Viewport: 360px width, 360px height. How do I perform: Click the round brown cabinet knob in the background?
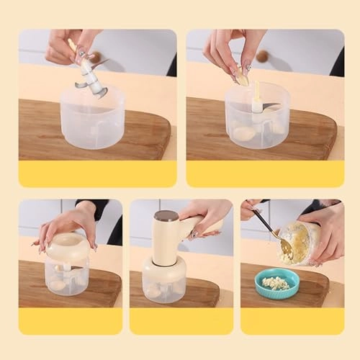click(x=263, y=56)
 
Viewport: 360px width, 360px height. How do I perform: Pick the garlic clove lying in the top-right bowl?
click(x=245, y=133)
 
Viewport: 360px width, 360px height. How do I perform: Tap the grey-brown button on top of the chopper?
click(x=167, y=215)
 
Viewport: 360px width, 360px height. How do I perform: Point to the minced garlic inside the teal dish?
click(x=276, y=282)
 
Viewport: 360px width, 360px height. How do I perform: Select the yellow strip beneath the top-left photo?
click(x=97, y=174)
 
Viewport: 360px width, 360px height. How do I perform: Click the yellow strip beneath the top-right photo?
click(x=264, y=174)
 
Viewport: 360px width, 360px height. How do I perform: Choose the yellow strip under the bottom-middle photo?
click(x=181, y=320)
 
